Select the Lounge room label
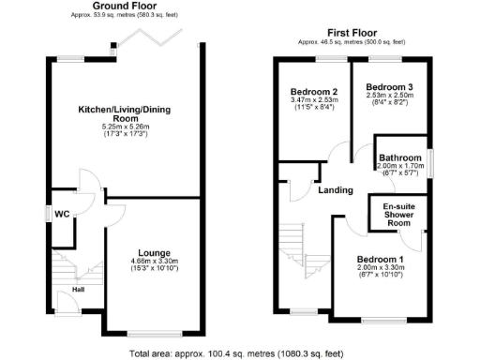(153, 252)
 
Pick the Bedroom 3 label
(390, 87)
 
